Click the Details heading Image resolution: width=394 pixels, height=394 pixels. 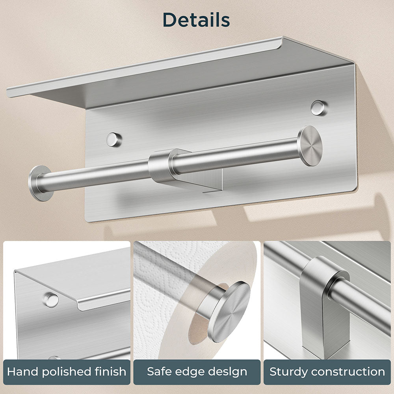click(x=196, y=20)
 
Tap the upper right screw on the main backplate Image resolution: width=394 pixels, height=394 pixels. click(x=318, y=108)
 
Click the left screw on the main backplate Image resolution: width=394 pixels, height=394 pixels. click(x=114, y=139)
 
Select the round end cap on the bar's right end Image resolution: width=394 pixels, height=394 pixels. click(x=310, y=146)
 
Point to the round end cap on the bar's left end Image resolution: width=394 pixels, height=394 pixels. click(x=40, y=183)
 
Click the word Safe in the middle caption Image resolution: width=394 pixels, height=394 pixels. click(x=159, y=372)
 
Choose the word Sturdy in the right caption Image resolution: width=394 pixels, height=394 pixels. click(x=288, y=372)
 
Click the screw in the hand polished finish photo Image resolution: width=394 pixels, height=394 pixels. click(x=51, y=300)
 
